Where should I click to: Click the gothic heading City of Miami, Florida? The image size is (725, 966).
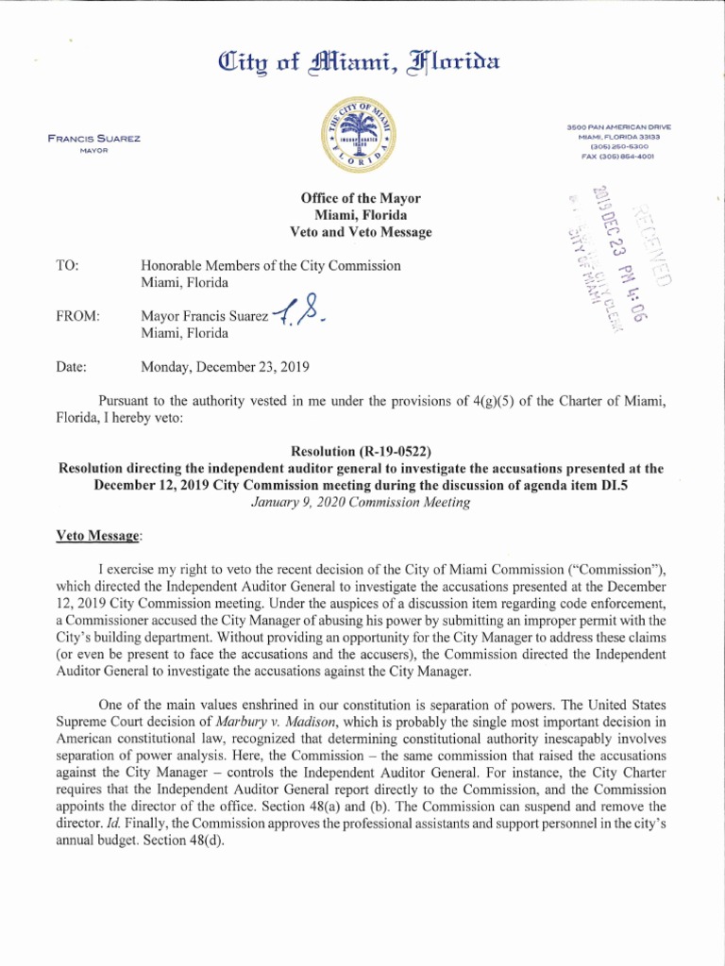pyautogui.click(x=362, y=64)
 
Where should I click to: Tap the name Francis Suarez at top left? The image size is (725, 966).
pyautogui.click(x=94, y=139)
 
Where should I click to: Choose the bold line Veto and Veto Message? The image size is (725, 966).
pyautogui.click(x=361, y=232)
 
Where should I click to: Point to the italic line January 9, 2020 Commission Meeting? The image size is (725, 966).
pyautogui.click(x=361, y=502)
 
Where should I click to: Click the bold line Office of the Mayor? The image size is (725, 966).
pyautogui.click(x=361, y=198)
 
